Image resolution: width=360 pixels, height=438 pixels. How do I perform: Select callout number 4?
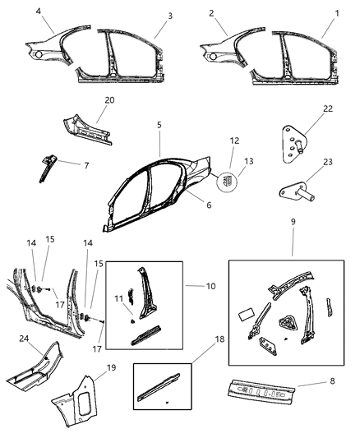[38, 11]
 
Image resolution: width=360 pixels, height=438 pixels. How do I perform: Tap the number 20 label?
[110, 101]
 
